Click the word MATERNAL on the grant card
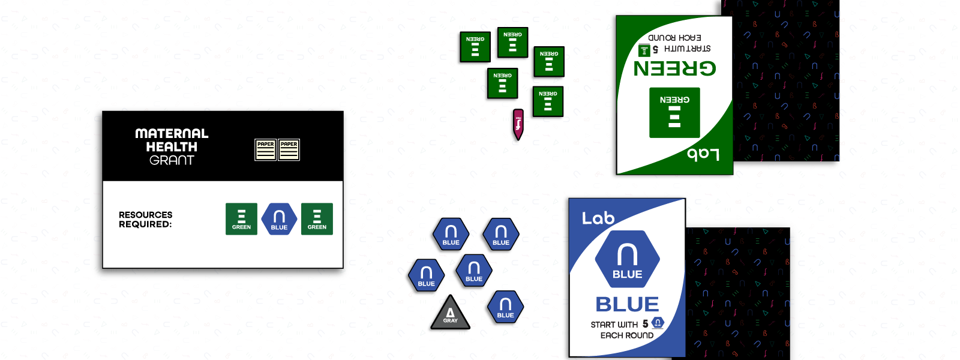click(172, 133)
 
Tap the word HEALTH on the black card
click(172, 147)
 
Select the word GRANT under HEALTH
click(172, 160)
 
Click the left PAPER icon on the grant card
click(265, 150)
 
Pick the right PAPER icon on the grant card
click(289, 150)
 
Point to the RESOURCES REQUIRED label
click(145, 219)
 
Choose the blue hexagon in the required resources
click(279, 219)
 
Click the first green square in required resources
click(241, 219)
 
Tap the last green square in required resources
click(317, 219)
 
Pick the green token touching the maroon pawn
click(547, 103)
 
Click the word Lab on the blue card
click(598, 218)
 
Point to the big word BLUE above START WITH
click(627, 304)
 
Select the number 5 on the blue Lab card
click(646, 324)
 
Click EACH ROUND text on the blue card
click(627, 335)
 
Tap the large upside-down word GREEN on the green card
click(675, 68)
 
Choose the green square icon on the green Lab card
click(674, 113)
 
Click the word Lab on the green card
click(703, 154)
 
